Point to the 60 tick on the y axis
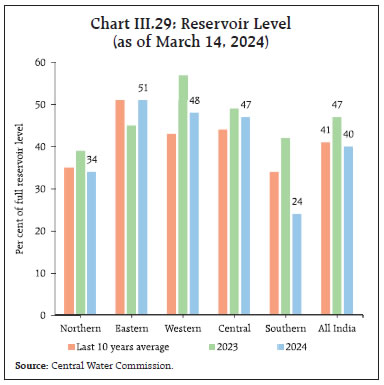(x=43, y=62)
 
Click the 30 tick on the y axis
(x=43, y=188)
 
